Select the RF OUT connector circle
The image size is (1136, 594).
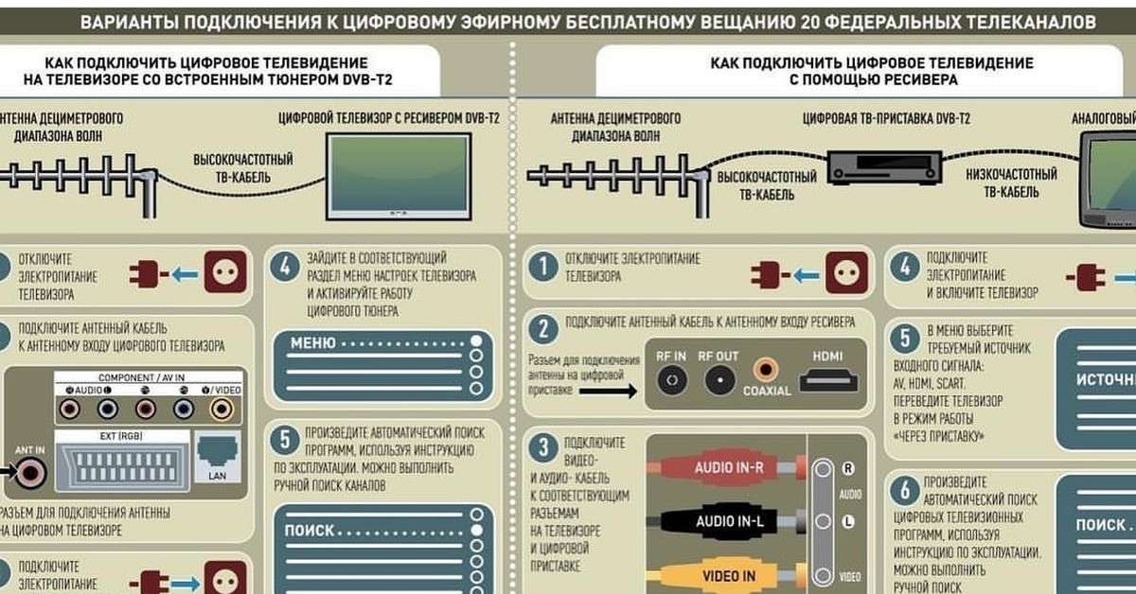click(x=719, y=380)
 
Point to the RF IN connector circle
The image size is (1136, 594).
click(x=671, y=380)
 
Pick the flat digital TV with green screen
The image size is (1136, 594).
click(x=398, y=177)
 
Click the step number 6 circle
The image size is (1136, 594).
click(x=906, y=489)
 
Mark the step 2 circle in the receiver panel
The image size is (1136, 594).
click(x=542, y=330)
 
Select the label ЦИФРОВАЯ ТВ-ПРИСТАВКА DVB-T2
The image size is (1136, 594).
click(x=885, y=120)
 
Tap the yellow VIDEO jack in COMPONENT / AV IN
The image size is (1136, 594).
click(x=221, y=409)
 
